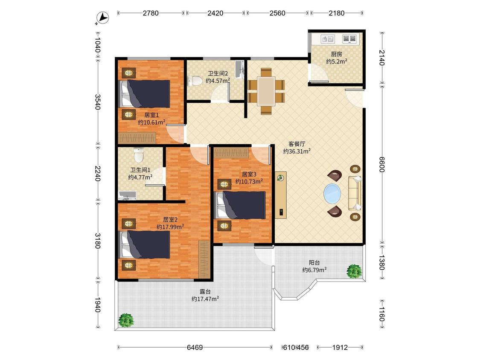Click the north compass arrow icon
click(102, 18)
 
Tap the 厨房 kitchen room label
click(337, 54)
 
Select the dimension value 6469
click(195, 348)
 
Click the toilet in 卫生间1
click(139, 155)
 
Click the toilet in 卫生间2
click(195, 81)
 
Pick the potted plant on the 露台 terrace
click(126, 320)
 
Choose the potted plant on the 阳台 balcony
click(354, 271)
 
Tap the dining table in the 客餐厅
click(266, 91)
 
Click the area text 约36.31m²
click(297, 151)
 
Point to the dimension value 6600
click(381, 164)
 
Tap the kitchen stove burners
click(349, 39)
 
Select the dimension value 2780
click(151, 13)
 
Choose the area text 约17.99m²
click(170, 227)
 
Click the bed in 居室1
click(145, 94)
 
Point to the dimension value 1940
click(98, 305)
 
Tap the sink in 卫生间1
click(127, 195)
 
